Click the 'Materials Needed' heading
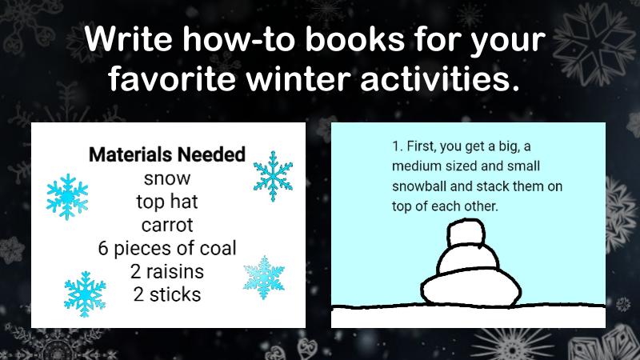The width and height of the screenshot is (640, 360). [x=166, y=154]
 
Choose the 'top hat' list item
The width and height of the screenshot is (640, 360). [x=167, y=201]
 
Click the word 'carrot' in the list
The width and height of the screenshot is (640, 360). [x=167, y=224]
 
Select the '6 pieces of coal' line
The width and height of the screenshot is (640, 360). [x=167, y=247]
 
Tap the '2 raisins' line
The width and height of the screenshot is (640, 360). [x=167, y=270]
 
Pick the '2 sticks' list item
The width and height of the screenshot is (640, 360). [x=167, y=294]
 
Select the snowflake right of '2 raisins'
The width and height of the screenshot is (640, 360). [x=264, y=276]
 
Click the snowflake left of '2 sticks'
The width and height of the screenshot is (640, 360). [x=84, y=293]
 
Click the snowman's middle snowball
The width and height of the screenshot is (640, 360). [x=467, y=260]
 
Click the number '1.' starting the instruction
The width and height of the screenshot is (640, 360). [x=397, y=148]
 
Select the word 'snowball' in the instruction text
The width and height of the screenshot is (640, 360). [x=416, y=186]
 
